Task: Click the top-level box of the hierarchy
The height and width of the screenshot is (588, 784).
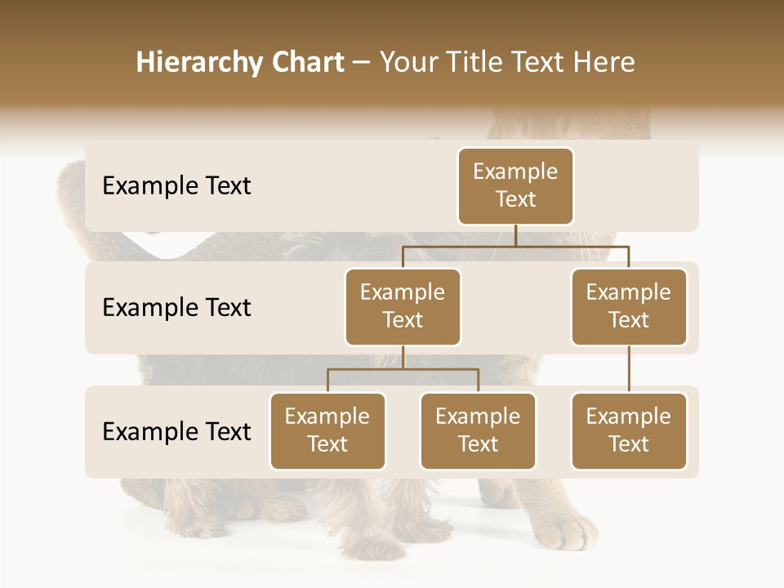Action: [515, 185]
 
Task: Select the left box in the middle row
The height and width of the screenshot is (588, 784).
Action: [403, 306]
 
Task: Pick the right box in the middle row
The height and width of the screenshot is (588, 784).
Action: [629, 306]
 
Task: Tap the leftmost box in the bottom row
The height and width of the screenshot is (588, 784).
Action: [327, 430]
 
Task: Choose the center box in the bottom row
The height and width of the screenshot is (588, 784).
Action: [478, 430]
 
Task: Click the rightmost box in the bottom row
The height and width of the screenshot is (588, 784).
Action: [629, 430]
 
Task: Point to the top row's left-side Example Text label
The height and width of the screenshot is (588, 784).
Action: [176, 185]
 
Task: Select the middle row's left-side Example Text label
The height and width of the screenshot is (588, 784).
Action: [176, 307]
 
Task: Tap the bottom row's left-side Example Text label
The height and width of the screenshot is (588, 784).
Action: [176, 431]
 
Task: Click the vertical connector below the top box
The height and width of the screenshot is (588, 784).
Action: [515, 235]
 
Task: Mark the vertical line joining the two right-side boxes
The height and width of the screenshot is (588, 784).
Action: [629, 369]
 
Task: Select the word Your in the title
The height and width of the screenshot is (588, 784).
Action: [408, 62]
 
